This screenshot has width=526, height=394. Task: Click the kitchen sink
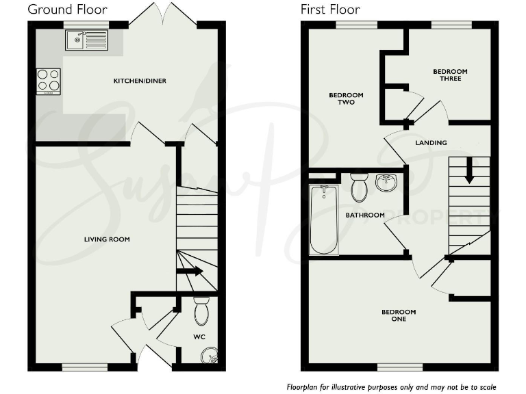[86, 40]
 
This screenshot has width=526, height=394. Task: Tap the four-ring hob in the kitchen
[48, 81]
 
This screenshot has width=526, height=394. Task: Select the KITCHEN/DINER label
[140, 81]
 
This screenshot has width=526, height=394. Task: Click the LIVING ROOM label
[107, 239]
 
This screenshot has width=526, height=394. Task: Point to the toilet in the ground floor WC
[201, 311]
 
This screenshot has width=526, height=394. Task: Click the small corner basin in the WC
[212, 354]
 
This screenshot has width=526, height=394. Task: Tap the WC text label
[199, 337]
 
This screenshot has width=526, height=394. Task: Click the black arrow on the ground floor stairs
[191, 271]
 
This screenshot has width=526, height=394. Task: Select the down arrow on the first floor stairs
[469, 170]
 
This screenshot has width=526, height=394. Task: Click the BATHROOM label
[365, 215]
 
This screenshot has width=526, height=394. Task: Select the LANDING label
[431, 143]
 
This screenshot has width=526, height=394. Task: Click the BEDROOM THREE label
[450, 75]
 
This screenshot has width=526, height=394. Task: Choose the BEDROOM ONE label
[399, 315]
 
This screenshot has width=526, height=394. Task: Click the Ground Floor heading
[67, 9]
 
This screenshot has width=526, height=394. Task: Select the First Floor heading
[330, 9]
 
